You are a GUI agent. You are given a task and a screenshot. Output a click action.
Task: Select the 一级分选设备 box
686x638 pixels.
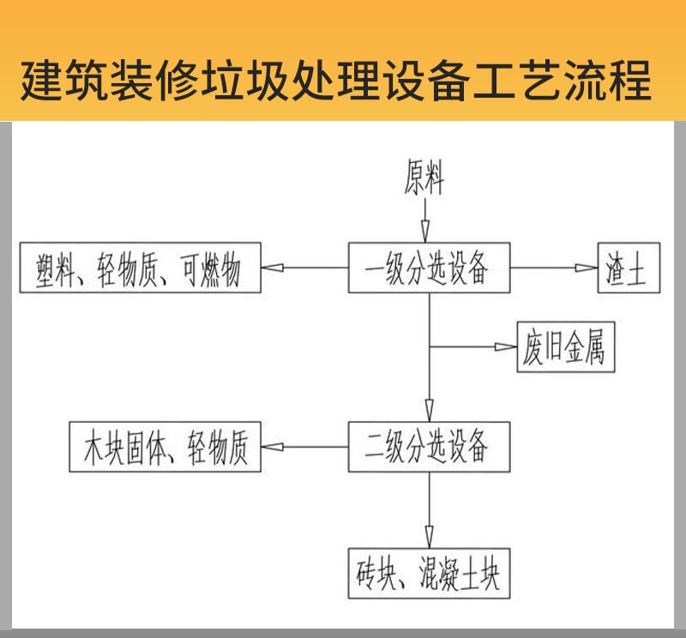point(428,268)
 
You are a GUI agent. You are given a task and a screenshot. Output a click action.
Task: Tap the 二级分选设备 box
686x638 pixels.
point(428,446)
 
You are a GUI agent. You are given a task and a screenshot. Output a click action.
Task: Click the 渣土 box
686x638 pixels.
point(627,268)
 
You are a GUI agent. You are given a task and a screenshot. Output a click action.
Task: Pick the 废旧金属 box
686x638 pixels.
point(566,347)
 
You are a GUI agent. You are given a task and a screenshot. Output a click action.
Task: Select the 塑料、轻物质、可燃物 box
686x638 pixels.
point(140,268)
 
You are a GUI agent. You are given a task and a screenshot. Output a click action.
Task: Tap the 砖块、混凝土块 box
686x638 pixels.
point(428,572)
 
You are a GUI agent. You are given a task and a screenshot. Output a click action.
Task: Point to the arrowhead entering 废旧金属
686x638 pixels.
point(505,347)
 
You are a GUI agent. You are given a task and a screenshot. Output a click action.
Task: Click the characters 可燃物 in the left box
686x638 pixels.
point(211,268)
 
